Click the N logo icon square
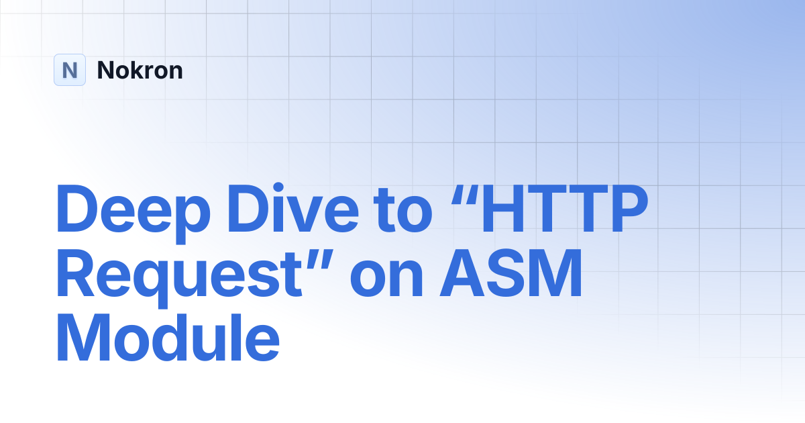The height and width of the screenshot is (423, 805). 70,70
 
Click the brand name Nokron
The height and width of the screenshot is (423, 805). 140,70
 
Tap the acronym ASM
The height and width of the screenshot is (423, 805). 511,273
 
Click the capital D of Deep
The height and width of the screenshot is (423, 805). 76,208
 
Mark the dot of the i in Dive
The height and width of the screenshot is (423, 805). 278,188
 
